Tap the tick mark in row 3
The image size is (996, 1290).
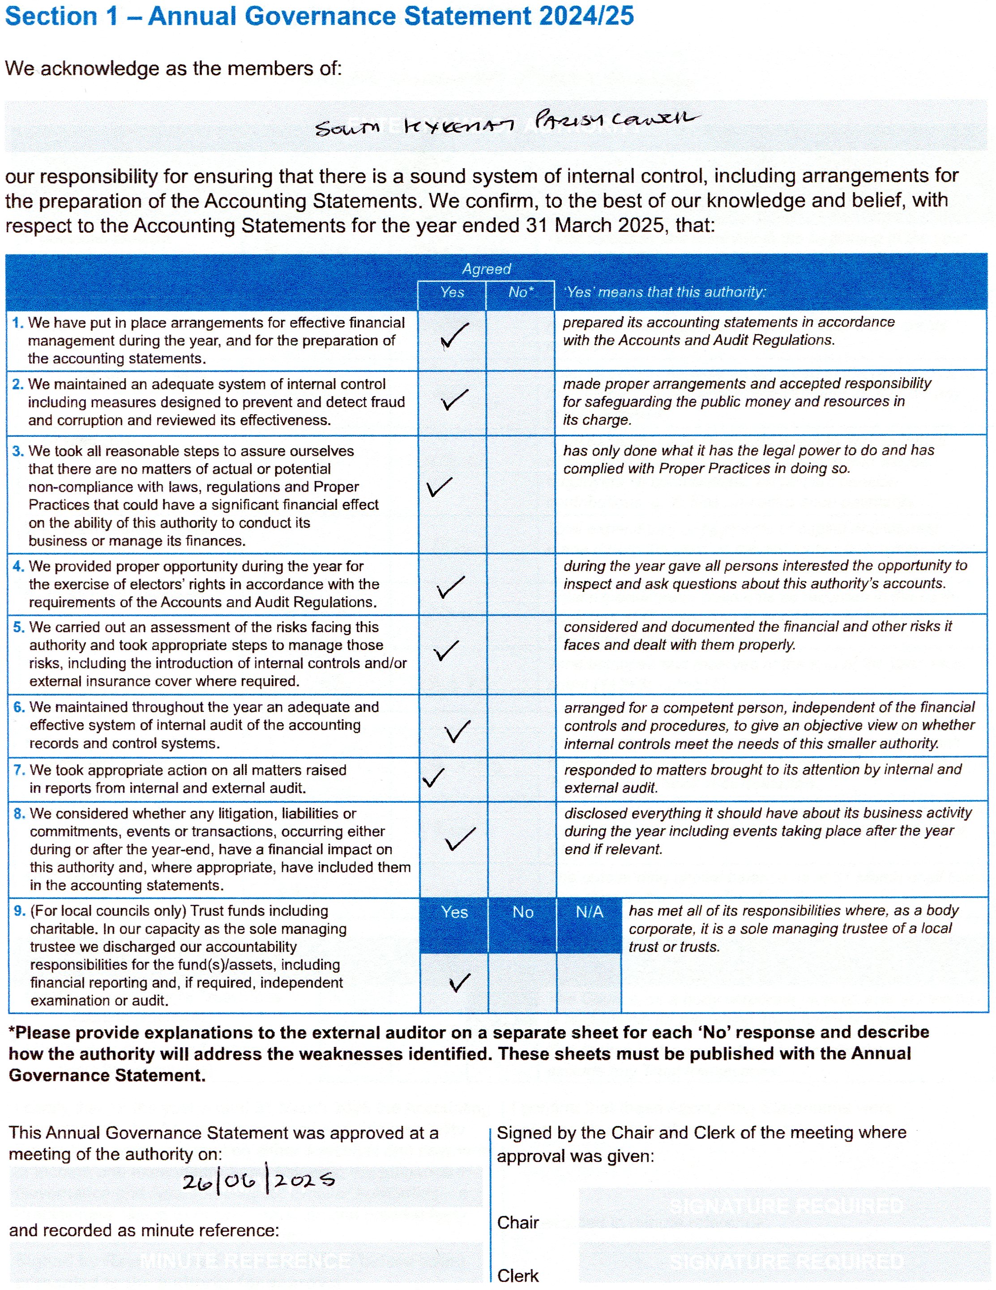pyautogui.click(x=439, y=487)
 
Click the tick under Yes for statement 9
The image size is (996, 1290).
pyautogui.click(x=459, y=982)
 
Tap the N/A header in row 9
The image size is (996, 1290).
pyautogui.click(x=589, y=912)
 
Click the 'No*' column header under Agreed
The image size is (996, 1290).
pyautogui.click(x=520, y=292)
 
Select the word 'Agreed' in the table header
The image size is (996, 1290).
pyautogui.click(x=486, y=269)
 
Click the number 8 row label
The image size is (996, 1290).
pyautogui.click(x=20, y=814)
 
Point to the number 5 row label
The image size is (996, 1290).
pyautogui.click(x=19, y=627)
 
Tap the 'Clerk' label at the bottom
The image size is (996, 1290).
pyautogui.click(x=518, y=1276)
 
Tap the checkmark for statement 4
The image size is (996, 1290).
pyautogui.click(x=450, y=586)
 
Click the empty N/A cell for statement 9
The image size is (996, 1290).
pyautogui.click(x=589, y=982)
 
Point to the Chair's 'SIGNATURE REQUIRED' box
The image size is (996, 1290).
pyautogui.click(x=785, y=1206)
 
